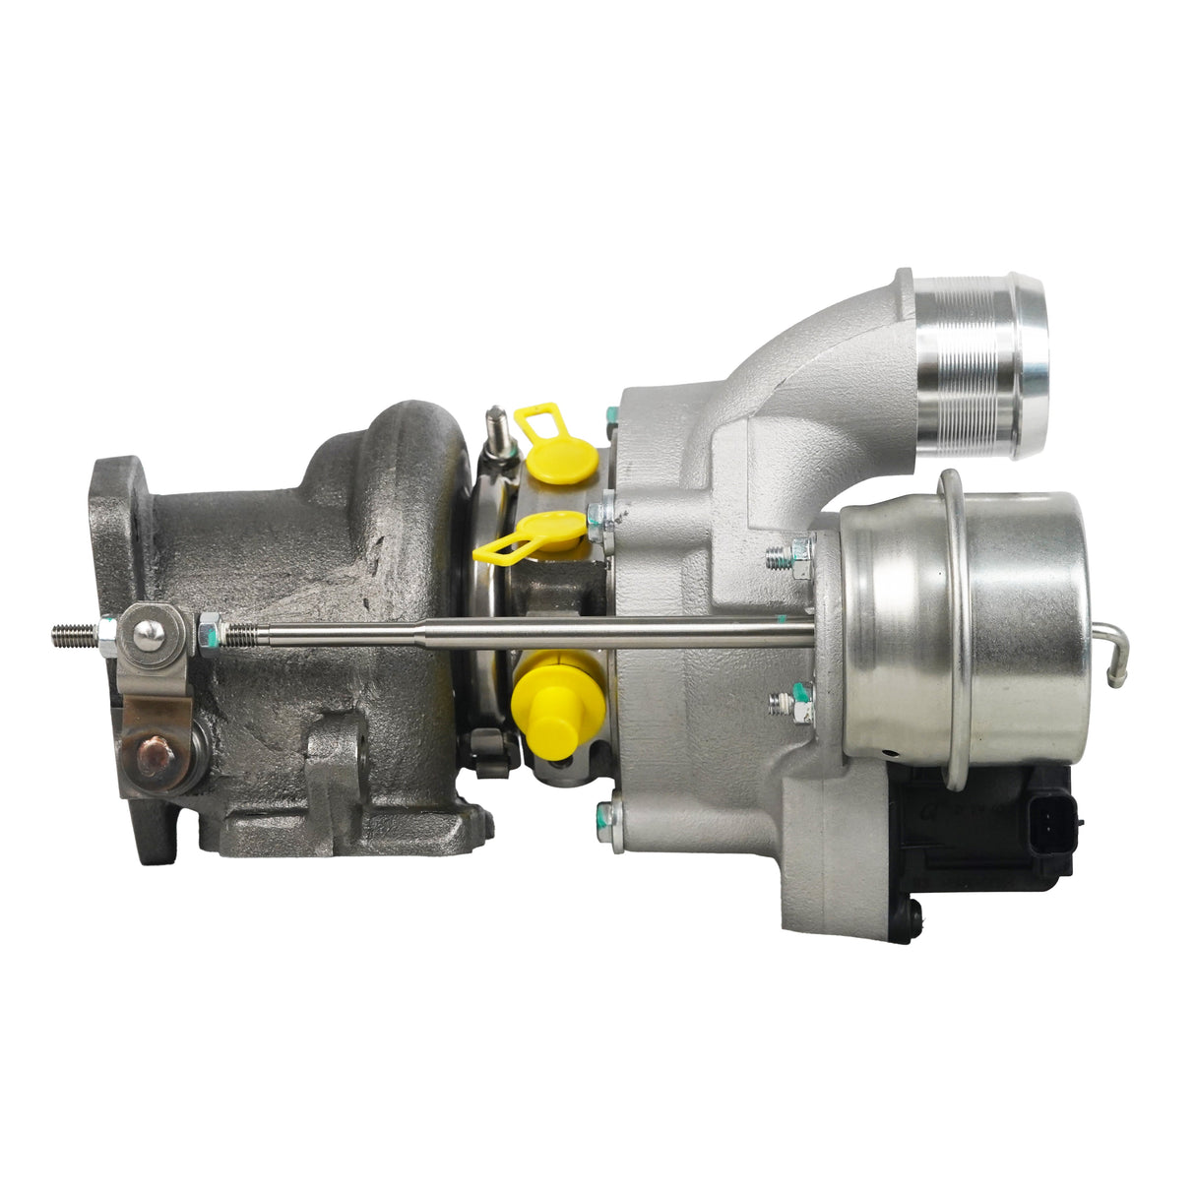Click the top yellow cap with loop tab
(x=561, y=456)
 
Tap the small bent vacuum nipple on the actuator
(x=1118, y=655)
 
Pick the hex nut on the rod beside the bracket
(x=209, y=631)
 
